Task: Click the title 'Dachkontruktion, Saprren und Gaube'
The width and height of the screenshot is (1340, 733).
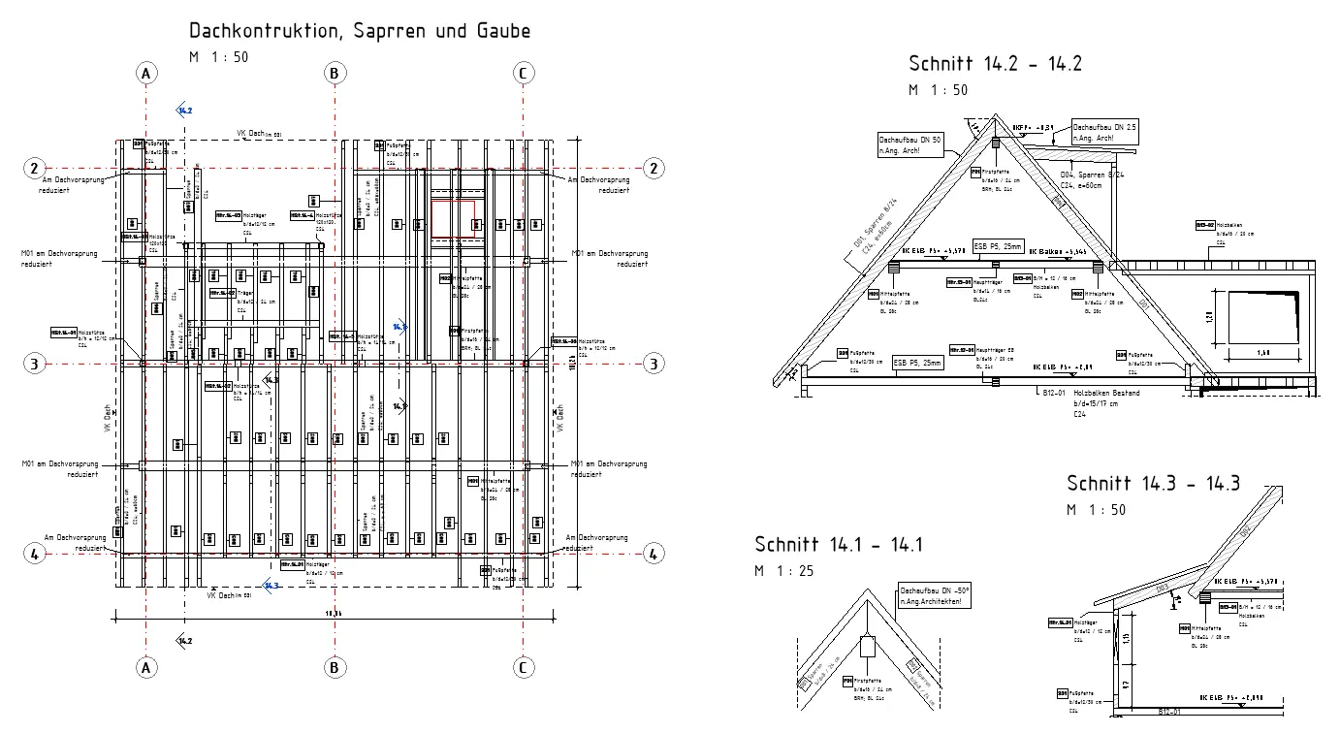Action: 360,31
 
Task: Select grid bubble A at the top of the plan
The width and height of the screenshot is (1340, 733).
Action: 145,74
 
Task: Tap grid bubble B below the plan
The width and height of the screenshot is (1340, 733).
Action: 334,667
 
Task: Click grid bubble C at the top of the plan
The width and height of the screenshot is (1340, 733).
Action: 523,74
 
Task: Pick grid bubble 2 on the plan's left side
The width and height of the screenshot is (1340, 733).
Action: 34,168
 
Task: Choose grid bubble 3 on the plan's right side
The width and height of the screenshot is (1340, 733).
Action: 654,364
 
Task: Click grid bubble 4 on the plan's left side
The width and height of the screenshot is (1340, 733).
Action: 34,554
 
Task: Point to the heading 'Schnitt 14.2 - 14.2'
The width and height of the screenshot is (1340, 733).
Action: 995,64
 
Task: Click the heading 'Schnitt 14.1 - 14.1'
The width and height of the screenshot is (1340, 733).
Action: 839,545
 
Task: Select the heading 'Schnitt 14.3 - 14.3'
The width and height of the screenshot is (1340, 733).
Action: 1153,483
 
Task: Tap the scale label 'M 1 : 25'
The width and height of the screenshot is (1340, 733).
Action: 784,571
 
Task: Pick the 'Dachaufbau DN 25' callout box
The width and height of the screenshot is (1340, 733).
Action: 1105,133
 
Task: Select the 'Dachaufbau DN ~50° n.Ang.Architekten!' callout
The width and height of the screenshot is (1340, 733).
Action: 935,595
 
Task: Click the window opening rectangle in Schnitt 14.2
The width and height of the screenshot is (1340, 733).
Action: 1263,317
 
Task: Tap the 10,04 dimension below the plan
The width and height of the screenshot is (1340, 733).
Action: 334,613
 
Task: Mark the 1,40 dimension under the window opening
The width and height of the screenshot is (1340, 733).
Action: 1262,353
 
